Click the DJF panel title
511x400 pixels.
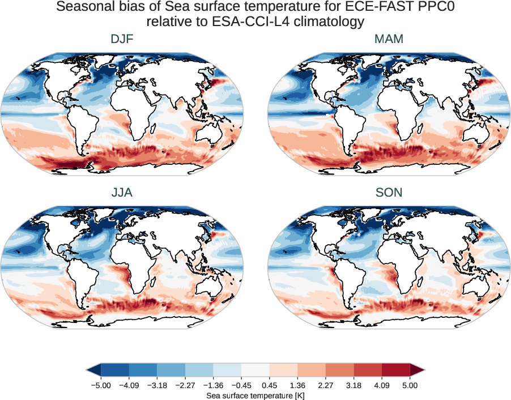tap(122, 39)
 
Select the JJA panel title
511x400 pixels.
tap(122, 192)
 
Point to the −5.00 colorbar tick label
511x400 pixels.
tap(101, 385)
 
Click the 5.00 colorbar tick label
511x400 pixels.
tap(410, 385)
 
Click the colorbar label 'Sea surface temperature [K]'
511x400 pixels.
tap(255, 394)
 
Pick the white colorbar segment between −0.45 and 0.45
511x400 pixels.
tap(255, 369)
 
